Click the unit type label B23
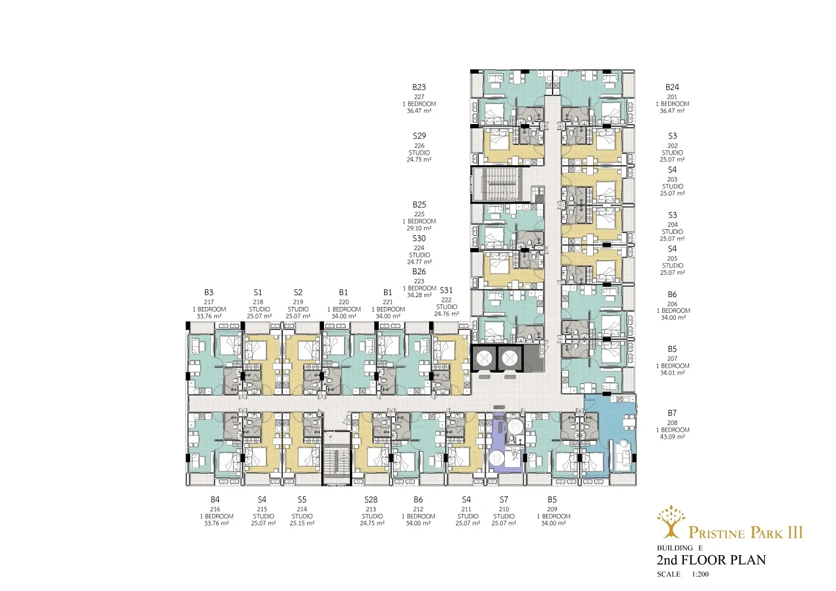419,88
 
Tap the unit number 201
672,97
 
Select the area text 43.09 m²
672,437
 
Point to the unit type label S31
446,291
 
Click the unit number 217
208,302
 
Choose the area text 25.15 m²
302,524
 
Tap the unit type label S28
371,500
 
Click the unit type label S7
504,500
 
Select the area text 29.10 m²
419,229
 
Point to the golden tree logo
671,522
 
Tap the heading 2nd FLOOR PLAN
711,560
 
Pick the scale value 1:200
700,574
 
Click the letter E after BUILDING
701,548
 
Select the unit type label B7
672,413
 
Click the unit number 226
419,146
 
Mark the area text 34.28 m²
419,295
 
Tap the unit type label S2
298,293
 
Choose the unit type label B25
419,205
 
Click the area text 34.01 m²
672,373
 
